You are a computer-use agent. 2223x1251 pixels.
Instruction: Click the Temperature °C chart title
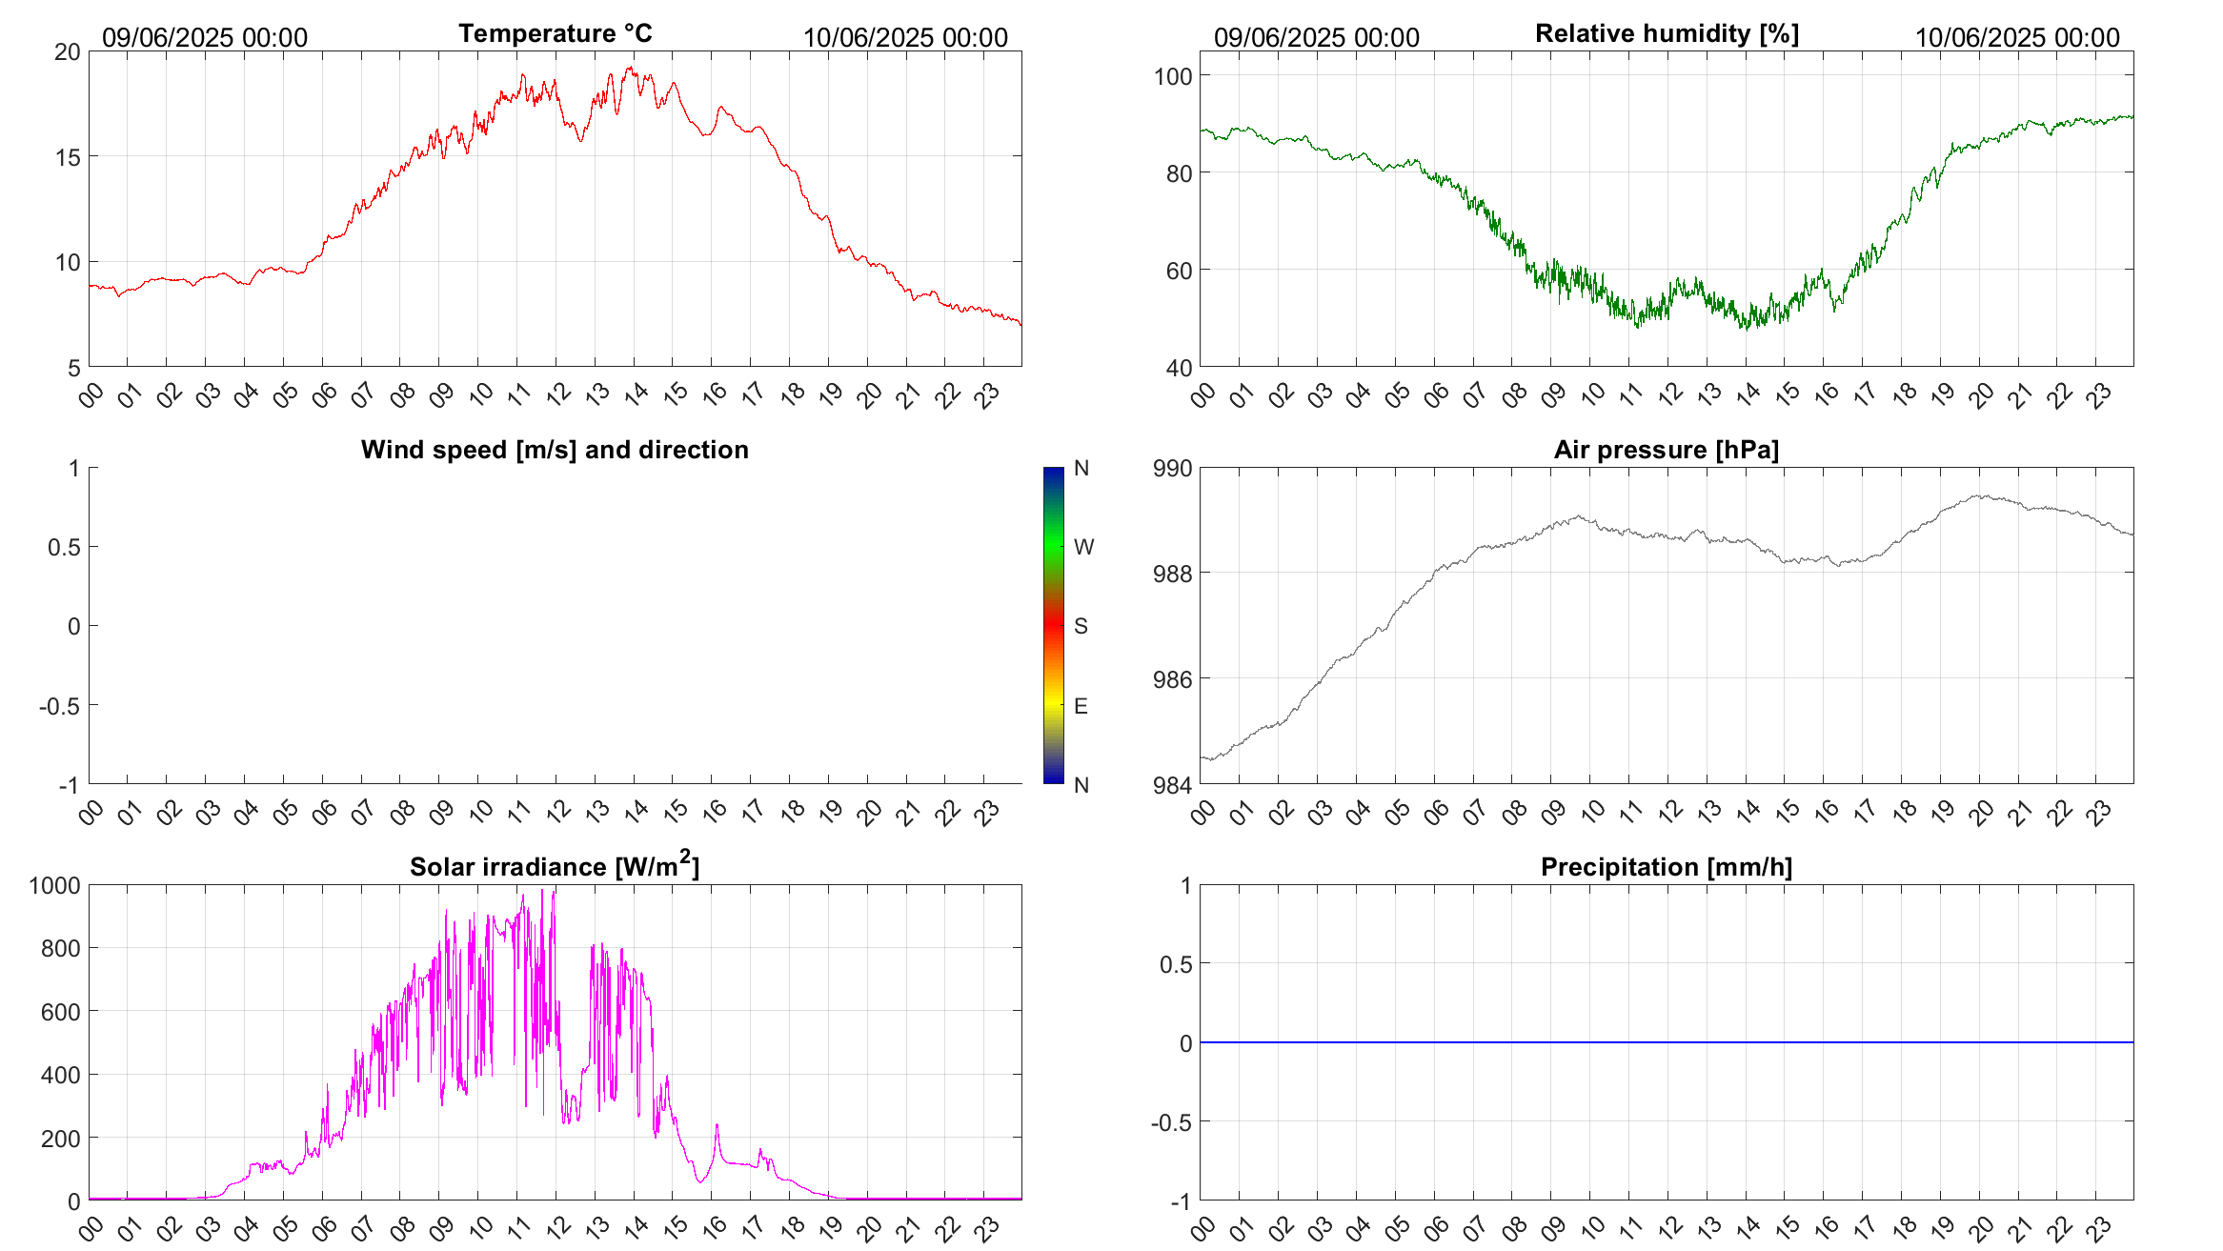pos(555,33)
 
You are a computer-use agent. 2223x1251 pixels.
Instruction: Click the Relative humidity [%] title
pos(1667,33)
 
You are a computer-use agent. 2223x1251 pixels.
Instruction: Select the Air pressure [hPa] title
pos(1667,450)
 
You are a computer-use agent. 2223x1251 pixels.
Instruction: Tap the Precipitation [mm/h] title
pos(1667,867)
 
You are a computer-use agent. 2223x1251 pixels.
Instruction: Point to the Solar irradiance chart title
pos(555,866)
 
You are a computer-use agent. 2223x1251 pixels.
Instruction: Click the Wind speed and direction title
pos(555,450)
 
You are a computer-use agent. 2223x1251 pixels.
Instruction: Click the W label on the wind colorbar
pos(1083,547)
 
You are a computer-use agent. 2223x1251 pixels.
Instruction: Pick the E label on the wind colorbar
pos(1081,706)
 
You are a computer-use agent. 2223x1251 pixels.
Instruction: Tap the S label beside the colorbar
pos(1081,626)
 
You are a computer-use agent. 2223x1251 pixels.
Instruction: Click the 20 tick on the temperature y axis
pos(68,52)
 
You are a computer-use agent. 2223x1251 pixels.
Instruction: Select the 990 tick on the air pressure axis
pos(1172,469)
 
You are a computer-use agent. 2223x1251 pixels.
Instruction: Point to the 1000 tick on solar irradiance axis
pos(55,886)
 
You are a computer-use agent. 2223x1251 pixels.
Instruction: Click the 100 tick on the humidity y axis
pos(1172,76)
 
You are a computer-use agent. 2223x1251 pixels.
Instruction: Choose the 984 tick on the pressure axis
pos(1172,786)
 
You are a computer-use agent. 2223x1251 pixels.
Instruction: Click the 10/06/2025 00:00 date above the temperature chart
pos(905,38)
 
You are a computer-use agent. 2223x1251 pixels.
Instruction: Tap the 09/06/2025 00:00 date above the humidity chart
pos(1317,38)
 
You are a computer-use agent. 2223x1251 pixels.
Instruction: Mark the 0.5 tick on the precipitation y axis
pos(1176,965)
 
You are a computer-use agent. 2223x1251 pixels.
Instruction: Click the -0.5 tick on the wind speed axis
pos(60,706)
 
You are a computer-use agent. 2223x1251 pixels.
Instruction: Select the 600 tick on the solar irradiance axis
pos(60,1012)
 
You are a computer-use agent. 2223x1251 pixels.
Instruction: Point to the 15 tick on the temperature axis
pos(68,157)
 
